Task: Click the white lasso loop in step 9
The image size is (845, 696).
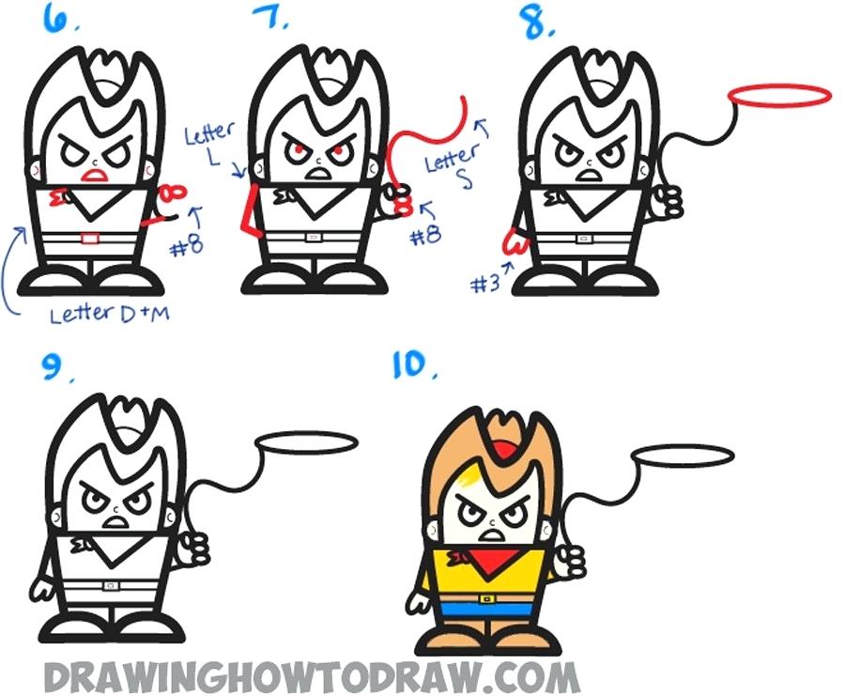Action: pyautogui.click(x=306, y=441)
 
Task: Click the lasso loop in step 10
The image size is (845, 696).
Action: pyautogui.click(x=683, y=456)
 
